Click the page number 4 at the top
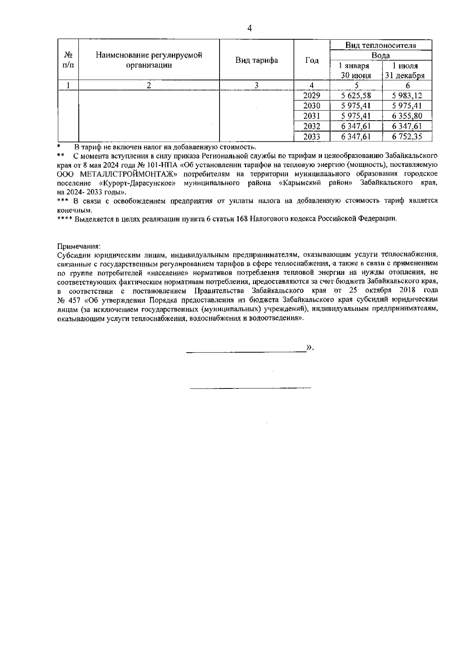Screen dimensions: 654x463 coord(249,29)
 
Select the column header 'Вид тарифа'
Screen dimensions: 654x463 coord(257,60)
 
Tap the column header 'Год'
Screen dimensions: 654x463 coord(312,60)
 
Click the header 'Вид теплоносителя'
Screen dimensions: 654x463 coord(380,45)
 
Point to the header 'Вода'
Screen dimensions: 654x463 coord(380,55)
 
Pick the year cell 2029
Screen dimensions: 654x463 coord(312,96)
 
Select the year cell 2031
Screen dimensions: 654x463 coord(312,116)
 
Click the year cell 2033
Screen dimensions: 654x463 coord(312,136)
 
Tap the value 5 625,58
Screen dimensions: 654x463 coord(356,96)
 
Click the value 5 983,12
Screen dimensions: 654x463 coord(407,96)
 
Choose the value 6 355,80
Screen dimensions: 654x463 coord(407,116)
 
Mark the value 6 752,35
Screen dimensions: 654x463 coord(407,136)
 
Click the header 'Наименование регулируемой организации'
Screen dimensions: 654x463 coord(149,60)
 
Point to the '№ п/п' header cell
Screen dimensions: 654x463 coord(68,60)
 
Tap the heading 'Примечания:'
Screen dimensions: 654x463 coord(79,246)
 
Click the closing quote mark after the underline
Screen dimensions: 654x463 coord(309,348)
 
